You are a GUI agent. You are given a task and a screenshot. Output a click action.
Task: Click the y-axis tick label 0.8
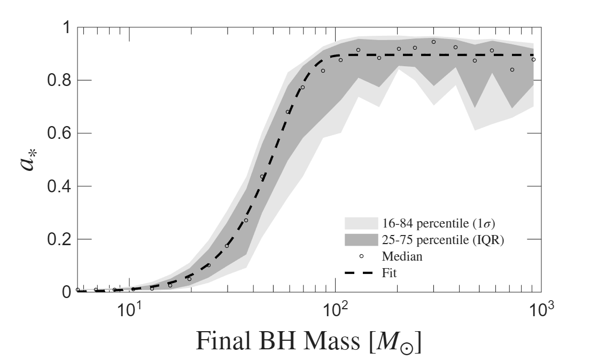(59, 81)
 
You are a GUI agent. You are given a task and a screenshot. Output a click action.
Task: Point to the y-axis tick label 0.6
(59, 133)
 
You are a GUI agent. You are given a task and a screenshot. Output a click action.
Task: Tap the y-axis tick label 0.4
(59, 186)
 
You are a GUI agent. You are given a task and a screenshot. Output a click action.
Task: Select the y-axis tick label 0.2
(59, 239)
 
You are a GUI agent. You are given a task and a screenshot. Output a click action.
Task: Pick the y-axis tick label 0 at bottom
(66, 292)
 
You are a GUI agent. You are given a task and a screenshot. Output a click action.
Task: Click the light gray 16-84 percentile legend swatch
(361, 223)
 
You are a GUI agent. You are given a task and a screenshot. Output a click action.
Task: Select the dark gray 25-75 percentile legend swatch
(361, 240)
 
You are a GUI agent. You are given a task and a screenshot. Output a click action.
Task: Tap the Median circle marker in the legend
(362, 256)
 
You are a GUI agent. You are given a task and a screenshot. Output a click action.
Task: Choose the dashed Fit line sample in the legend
(359, 273)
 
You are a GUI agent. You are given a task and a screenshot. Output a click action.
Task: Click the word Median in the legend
(402, 256)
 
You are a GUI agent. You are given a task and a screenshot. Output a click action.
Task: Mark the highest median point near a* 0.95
(433, 42)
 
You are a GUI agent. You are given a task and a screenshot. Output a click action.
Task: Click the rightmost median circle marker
(533, 59)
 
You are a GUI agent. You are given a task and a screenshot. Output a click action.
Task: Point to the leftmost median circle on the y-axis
(78, 290)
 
